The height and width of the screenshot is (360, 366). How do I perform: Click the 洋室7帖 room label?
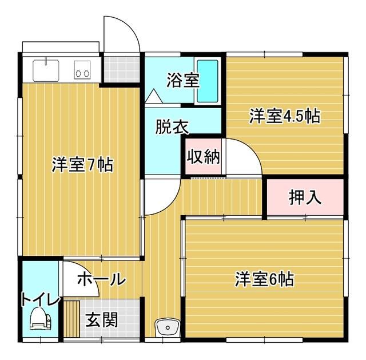tap(82, 165)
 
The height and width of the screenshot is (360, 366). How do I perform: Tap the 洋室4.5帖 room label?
tap(284, 116)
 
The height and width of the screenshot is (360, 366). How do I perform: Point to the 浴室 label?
tap(183, 81)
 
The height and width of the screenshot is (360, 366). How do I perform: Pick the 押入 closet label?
tap(304, 197)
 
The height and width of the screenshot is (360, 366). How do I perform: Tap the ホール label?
tap(101, 279)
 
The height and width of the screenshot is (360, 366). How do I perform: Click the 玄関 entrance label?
tap(102, 319)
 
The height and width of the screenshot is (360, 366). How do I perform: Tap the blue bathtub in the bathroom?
tap(208, 81)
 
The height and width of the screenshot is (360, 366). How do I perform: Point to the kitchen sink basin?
tap(45, 72)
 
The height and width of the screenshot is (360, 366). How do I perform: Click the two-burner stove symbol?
tap(82, 73)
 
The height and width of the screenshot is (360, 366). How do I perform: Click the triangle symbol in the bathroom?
tap(153, 96)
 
